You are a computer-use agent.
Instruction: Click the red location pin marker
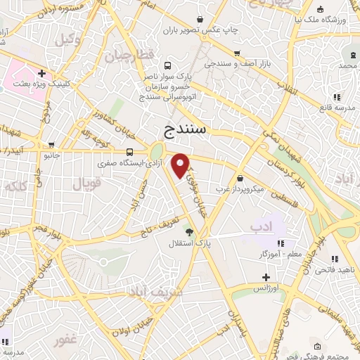point(181,165)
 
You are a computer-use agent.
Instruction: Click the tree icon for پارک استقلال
point(188,231)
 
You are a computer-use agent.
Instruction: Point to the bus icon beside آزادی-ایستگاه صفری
point(129,152)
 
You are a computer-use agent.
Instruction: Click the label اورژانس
point(266,289)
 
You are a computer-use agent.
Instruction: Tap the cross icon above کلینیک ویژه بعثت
point(43,72)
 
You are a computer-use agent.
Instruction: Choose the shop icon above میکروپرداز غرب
point(241,178)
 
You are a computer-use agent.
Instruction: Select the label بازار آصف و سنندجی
point(238,63)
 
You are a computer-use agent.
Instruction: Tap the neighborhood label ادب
point(261,226)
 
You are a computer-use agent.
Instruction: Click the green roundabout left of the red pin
point(155,150)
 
